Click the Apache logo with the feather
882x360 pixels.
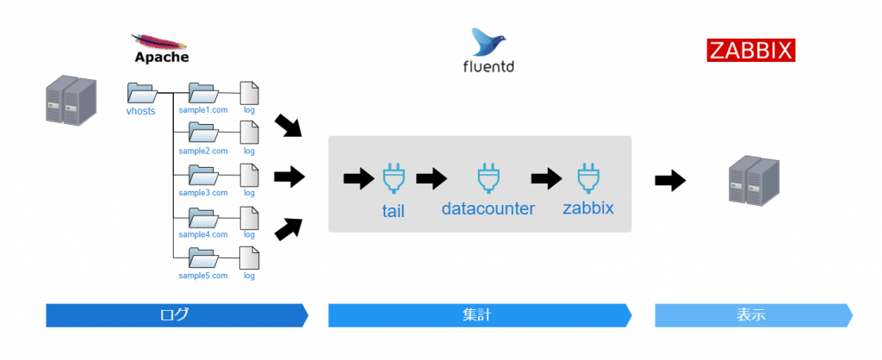(161, 48)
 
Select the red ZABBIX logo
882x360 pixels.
(750, 51)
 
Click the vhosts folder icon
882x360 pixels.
(140, 93)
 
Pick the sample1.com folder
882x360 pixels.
(203, 93)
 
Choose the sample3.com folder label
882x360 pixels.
(203, 194)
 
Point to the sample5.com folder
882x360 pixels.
(203, 258)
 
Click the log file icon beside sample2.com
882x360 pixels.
(249, 133)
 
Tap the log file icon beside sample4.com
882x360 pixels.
(249, 216)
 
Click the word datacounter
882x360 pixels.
(488, 209)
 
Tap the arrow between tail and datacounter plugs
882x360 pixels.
(431, 179)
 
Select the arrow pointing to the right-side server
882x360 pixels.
(670, 181)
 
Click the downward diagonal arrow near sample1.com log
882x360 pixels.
(289, 126)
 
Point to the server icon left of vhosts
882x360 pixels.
(70, 99)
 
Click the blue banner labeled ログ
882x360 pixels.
(176, 315)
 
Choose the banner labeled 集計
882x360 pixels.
(479, 315)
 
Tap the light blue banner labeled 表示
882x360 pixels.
(753, 315)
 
